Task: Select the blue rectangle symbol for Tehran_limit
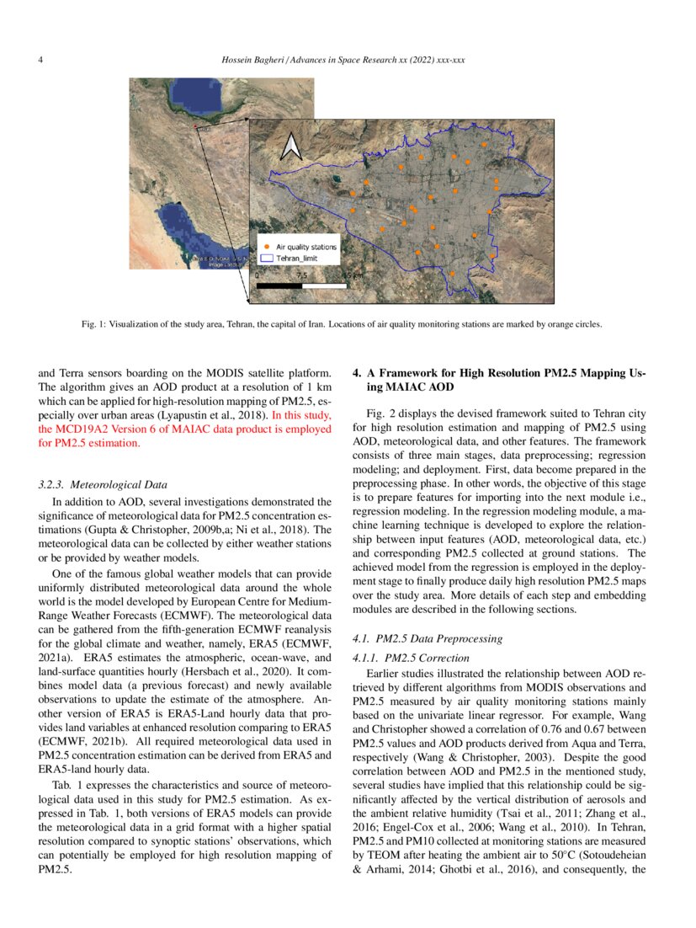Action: click(x=266, y=259)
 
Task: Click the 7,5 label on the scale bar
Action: click(x=301, y=275)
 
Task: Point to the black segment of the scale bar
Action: click(x=278, y=285)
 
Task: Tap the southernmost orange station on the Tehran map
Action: click(x=453, y=274)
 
